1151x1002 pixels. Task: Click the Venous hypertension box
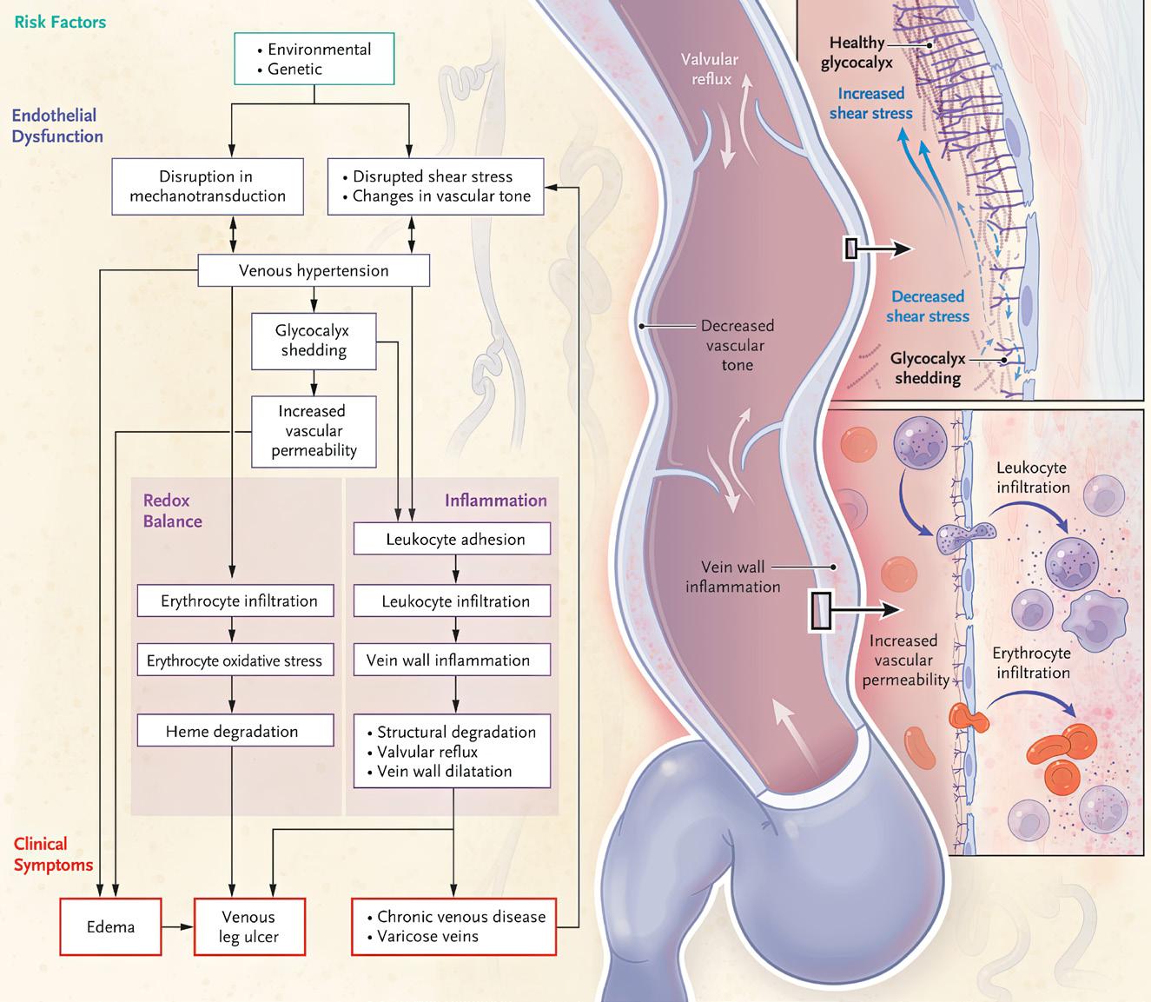pyautogui.click(x=314, y=271)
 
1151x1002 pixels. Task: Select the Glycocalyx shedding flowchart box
pyautogui.click(x=314, y=341)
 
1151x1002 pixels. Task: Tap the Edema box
pyautogui.click(x=110, y=927)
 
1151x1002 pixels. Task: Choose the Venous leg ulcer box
pyautogui.click(x=248, y=927)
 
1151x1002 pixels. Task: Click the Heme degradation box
pyautogui.click(x=235, y=732)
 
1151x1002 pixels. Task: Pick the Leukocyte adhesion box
pyautogui.click(x=452, y=539)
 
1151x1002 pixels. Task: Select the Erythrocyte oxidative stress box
pyautogui.click(x=235, y=661)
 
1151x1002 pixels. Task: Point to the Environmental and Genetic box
pyautogui.click(x=314, y=59)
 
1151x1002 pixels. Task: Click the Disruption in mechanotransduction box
pyautogui.click(x=208, y=186)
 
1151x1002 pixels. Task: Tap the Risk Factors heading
pyautogui.click(x=60, y=22)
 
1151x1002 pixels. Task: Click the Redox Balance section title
pyautogui.click(x=172, y=511)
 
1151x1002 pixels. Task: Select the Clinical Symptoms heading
pyautogui.click(x=53, y=854)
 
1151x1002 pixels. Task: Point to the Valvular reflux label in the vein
pyautogui.click(x=710, y=70)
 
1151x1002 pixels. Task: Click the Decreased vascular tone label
pyautogui.click(x=738, y=345)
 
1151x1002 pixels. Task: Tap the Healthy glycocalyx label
pyautogui.click(x=857, y=52)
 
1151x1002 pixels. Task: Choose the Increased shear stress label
pyautogui.click(x=870, y=103)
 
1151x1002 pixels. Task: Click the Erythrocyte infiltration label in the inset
pyautogui.click(x=1032, y=662)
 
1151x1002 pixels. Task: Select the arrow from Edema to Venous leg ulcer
pyautogui.click(x=177, y=927)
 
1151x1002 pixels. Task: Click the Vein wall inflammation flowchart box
pyautogui.click(x=452, y=660)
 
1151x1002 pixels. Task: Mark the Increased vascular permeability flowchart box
pyautogui.click(x=314, y=431)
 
